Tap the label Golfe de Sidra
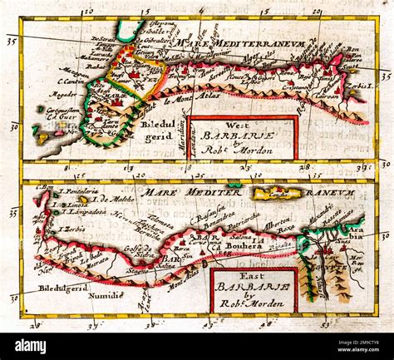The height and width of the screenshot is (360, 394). pos(140,253)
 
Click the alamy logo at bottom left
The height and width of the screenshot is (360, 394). pos(31,346)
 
